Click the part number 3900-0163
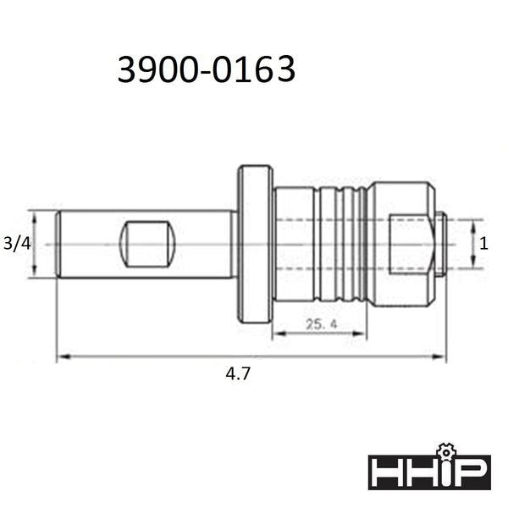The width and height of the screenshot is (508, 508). [x=207, y=69]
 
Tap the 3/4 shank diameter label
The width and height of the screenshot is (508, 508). [x=17, y=244]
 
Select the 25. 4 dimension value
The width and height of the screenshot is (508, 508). [x=322, y=323]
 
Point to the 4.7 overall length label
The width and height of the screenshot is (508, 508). [x=238, y=374]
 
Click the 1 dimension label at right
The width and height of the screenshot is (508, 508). [x=483, y=244]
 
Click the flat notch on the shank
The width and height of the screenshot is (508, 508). [x=147, y=245]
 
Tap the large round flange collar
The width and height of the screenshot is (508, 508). [x=256, y=244]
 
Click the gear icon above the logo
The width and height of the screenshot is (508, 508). [x=446, y=452]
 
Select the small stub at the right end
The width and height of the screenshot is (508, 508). [x=440, y=244]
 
